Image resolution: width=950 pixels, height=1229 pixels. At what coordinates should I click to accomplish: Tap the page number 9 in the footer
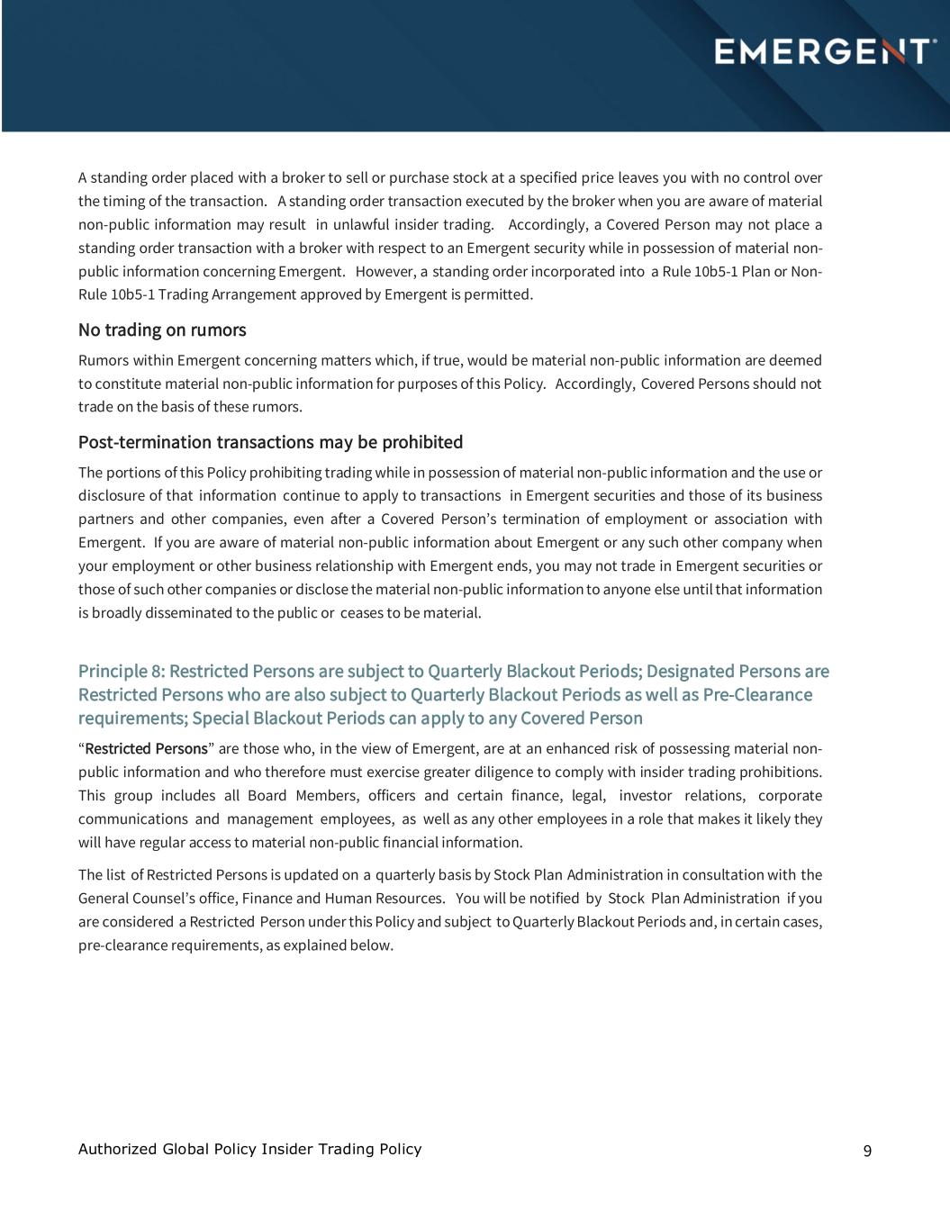tap(867, 1151)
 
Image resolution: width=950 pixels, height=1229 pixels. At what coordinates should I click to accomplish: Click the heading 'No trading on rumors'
tap(162, 330)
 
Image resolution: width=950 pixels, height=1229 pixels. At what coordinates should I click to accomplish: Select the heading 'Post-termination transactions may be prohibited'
tap(270, 442)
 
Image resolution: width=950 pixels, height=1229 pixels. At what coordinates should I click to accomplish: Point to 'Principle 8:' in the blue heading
tap(122, 671)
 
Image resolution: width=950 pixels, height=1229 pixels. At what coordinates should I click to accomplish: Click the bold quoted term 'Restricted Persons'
tap(146, 749)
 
